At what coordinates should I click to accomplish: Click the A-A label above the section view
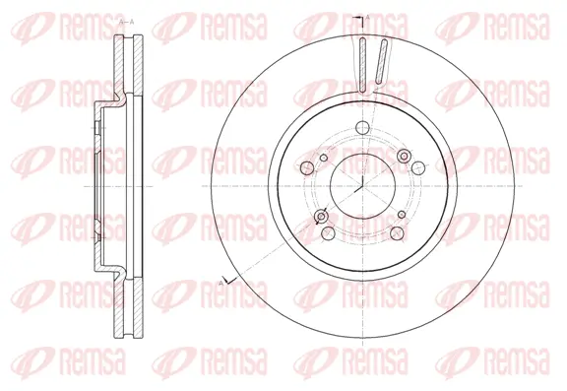[x=127, y=21]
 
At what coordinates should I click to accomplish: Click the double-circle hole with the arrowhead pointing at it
[x=321, y=217]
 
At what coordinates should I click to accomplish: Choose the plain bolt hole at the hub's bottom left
[x=324, y=234]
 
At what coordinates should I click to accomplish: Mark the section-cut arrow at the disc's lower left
[x=225, y=282]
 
